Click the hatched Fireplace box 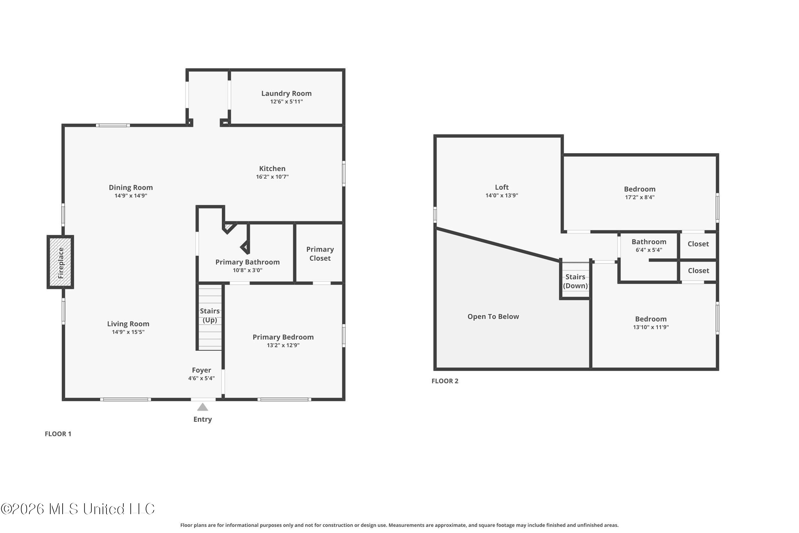60,262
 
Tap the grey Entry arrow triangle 203,407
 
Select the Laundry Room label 286,93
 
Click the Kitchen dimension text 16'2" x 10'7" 272,177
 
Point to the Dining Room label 131,187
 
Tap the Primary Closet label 320,254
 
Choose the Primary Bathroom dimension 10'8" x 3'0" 247,270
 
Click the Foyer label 201,370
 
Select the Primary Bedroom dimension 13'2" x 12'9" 283,345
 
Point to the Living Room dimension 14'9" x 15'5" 128,332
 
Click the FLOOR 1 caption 58,434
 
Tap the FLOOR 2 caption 445,381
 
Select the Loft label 502,187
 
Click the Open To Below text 493,317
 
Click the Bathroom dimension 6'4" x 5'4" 649,250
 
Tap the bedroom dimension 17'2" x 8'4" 640,197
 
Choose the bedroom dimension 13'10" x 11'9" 651,327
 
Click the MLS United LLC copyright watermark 77,509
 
